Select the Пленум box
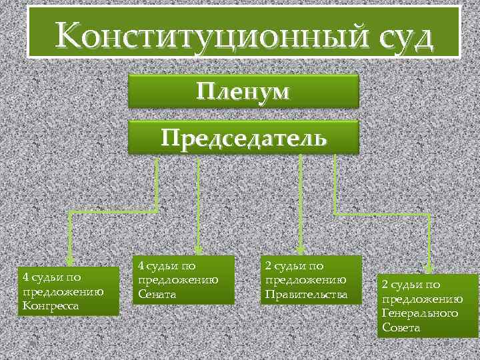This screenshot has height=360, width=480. [x=243, y=91]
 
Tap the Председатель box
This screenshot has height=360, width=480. [x=243, y=137]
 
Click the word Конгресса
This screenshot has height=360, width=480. [x=51, y=306]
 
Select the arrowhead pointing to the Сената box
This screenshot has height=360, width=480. [x=199, y=248]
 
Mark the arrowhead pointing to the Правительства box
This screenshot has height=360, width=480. [x=301, y=248]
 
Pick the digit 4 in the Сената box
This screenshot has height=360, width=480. [x=141, y=265]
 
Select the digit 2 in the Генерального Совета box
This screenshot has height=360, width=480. [x=385, y=284]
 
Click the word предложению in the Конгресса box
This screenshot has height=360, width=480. [x=62, y=291]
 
